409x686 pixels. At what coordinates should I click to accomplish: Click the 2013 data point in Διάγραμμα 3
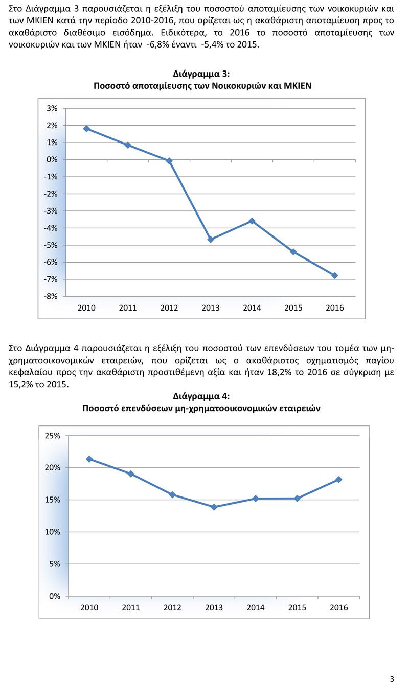pyautogui.click(x=211, y=239)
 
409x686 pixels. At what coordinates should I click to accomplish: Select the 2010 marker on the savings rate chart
pyautogui.click(x=86, y=129)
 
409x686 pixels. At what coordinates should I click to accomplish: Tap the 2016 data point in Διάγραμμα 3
pyautogui.click(x=335, y=275)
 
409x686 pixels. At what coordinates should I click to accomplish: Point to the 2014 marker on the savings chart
pyautogui.click(x=252, y=221)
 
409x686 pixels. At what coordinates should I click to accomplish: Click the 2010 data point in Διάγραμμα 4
pyautogui.click(x=89, y=459)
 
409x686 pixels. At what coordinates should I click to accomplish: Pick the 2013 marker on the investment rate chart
pyautogui.click(x=214, y=507)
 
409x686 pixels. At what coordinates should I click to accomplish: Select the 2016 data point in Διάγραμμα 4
pyautogui.click(x=339, y=480)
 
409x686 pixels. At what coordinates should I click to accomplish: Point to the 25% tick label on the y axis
pyautogui.click(x=53, y=436)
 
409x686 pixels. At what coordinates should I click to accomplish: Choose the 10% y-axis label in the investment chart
pyautogui.click(x=53, y=532)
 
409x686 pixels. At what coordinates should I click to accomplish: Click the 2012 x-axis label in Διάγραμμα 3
pyautogui.click(x=169, y=308)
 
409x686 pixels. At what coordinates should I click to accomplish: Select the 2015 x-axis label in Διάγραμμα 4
pyautogui.click(x=297, y=608)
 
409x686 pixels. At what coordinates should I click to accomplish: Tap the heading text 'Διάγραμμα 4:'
pyautogui.click(x=201, y=396)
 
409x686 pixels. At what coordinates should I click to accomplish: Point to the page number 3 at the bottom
pyautogui.click(x=392, y=679)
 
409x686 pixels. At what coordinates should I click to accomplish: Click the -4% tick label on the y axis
pyautogui.click(x=52, y=228)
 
